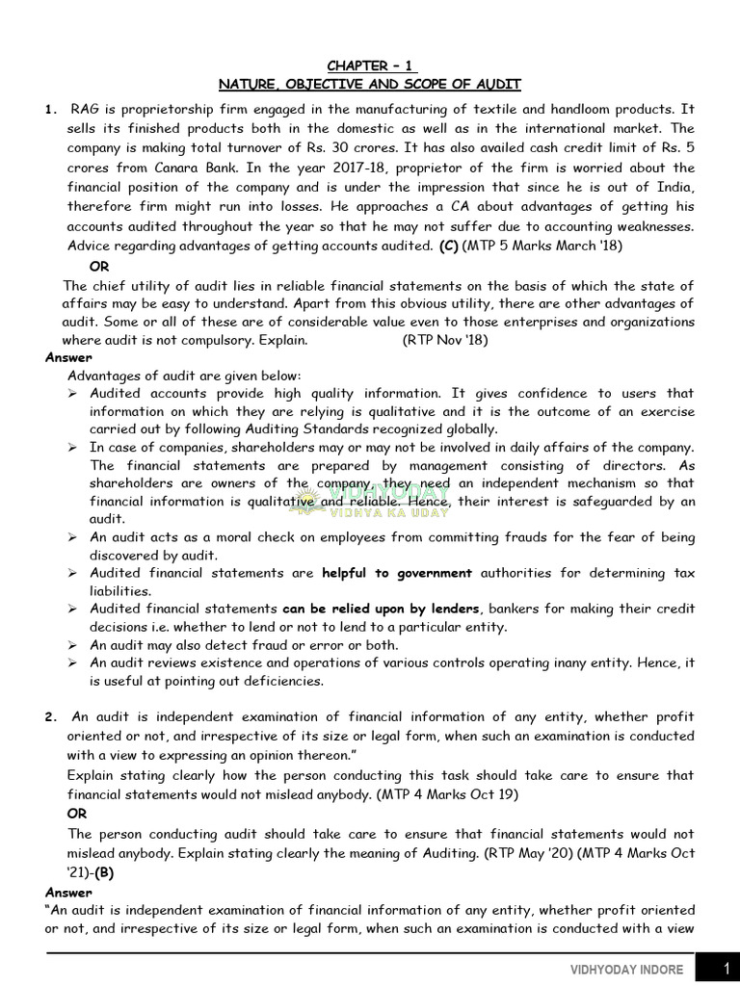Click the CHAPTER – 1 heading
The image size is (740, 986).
[x=370, y=65]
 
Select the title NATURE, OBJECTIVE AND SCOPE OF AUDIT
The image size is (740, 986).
[x=370, y=85]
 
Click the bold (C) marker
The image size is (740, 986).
[x=448, y=246]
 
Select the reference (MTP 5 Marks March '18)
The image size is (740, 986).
[x=542, y=246]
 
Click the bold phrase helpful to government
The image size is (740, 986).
[x=397, y=572]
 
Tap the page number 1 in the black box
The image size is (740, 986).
[x=725, y=968]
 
